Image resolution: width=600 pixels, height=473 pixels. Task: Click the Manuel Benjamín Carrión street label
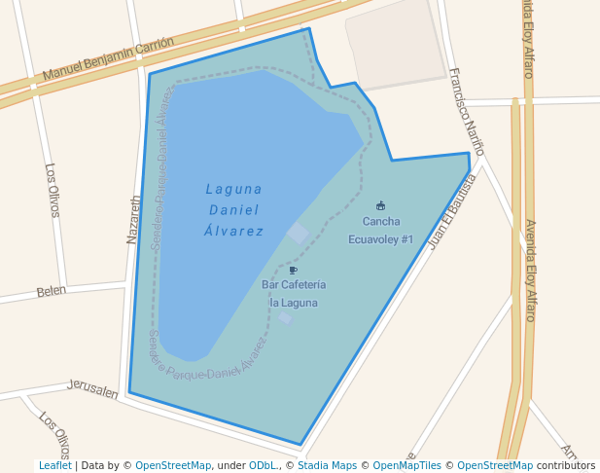(108, 59)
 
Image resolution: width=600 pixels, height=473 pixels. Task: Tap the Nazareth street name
(135, 219)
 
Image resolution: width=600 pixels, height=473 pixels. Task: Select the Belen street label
(51, 291)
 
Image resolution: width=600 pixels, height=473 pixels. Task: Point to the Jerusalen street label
(92, 389)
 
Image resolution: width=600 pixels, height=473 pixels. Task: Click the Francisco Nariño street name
(467, 111)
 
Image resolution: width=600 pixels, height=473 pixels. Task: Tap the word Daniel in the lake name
(234, 210)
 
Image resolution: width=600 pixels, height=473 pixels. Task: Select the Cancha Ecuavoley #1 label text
(380, 231)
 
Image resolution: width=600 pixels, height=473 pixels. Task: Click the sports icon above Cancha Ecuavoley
(380, 205)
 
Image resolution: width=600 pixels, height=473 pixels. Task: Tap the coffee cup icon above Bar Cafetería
(293, 270)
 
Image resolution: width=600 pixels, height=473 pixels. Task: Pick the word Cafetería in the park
(304, 285)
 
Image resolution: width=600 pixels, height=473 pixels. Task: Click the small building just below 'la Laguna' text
(285, 318)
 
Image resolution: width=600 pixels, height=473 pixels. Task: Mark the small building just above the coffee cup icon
(298, 233)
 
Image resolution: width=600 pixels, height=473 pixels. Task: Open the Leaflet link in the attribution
(54, 466)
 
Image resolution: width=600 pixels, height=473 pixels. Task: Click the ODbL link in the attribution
(265, 466)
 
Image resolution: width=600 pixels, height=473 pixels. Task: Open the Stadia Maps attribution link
(327, 466)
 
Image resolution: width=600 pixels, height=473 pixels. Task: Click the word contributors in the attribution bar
(565, 466)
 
